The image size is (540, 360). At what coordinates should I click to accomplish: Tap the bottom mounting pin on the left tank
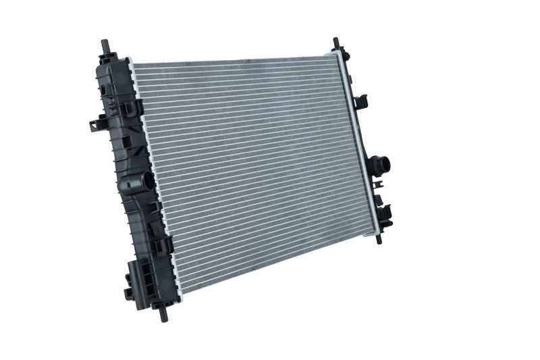click(x=163, y=312)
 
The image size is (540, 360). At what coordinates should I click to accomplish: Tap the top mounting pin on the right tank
click(x=336, y=45)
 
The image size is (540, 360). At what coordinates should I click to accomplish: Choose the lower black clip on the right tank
click(x=387, y=212)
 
